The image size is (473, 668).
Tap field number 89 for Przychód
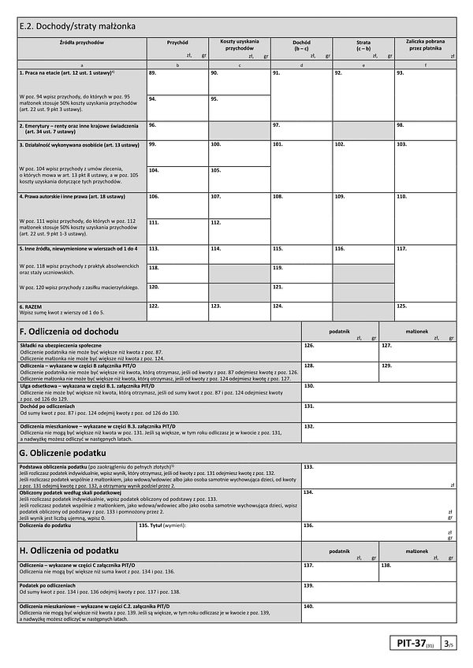(177, 81)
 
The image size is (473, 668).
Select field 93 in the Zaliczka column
(425, 93)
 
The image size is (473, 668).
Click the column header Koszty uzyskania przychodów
(239, 46)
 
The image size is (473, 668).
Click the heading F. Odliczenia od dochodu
(69, 332)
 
